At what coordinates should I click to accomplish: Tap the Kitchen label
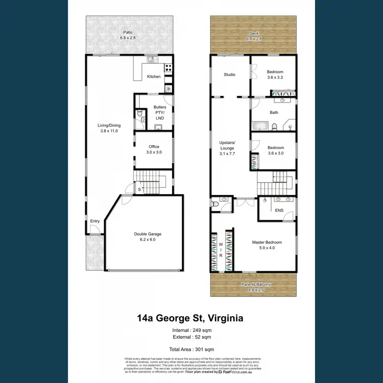tap(154, 77)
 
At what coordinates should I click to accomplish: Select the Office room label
tap(154, 150)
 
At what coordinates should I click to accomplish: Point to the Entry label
tap(95, 221)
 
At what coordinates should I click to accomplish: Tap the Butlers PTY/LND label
tap(160, 113)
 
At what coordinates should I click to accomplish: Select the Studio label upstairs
tap(229, 75)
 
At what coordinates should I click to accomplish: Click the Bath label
tap(274, 112)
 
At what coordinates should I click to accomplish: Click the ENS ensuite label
tap(279, 210)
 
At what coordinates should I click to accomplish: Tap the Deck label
tap(254, 35)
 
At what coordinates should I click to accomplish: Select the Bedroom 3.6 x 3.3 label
tap(275, 75)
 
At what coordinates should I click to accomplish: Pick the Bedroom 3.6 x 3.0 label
tap(275, 151)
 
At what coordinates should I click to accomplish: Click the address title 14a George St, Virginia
tap(190, 318)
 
